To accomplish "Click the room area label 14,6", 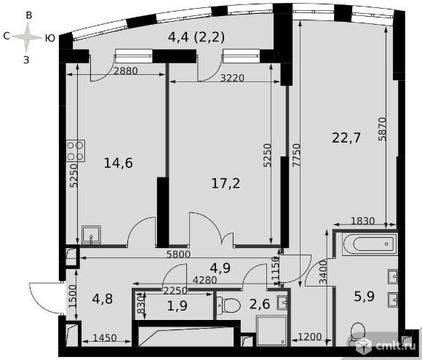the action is [x=119, y=163].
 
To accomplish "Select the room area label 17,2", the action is [x=226, y=183].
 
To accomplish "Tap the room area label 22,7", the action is [x=346, y=138].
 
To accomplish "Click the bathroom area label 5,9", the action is [x=364, y=297].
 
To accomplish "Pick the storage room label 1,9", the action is [x=177, y=305].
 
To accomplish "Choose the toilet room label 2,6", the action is [x=260, y=304].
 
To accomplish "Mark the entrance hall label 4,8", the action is [x=103, y=299].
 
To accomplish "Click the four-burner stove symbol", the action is [x=76, y=151].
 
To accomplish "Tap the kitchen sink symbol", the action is [x=91, y=235].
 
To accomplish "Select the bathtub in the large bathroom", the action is [x=370, y=244].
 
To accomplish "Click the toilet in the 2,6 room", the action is [x=228, y=305].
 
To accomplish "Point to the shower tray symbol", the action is [x=272, y=331].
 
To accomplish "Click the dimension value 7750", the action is [x=296, y=155].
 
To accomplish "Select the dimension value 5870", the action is [x=382, y=129].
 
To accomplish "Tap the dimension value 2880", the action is [x=126, y=71].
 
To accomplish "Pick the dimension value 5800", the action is [x=178, y=255].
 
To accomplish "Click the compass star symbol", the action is [x=26, y=37].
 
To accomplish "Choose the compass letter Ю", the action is [x=49, y=39].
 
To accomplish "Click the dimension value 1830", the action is [x=363, y=221].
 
